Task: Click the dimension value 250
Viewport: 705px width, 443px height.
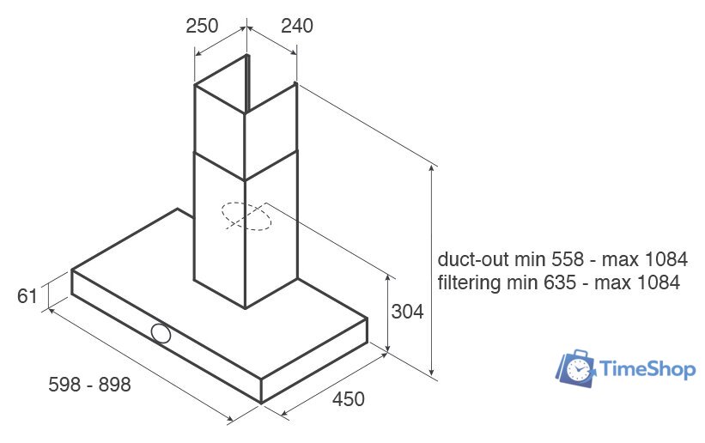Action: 202,26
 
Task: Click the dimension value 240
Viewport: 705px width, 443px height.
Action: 296,26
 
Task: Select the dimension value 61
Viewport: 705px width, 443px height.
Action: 27,296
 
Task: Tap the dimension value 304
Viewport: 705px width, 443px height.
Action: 406,312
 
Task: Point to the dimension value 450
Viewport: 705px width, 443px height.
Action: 349,399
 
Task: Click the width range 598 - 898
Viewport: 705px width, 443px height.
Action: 89,385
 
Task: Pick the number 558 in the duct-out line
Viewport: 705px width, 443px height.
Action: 562,259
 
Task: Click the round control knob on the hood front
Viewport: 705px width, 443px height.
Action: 160,334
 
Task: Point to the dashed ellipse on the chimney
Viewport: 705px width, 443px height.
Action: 246,216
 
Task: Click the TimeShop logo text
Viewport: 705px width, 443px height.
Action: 649,369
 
